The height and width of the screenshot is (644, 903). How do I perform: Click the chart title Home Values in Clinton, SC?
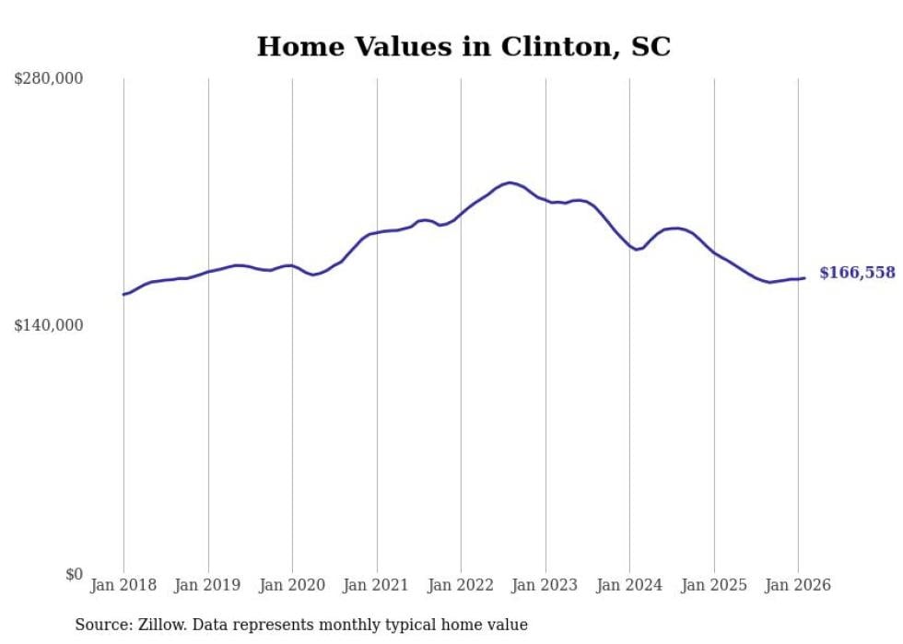click(463, 47)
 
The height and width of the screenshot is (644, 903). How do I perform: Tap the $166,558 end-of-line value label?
click(856, 273)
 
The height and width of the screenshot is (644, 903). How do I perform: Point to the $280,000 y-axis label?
click(48, 79)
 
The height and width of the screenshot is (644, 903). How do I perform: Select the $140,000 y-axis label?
click(48, 325)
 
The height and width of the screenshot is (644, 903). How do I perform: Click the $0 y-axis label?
click(74, 574)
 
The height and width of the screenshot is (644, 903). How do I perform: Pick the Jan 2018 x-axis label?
click(123, 585)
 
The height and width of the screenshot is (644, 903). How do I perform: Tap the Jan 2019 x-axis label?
click(208, 585)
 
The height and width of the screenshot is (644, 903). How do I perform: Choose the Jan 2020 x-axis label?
click(292, 585)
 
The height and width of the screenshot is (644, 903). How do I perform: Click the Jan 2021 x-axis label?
click(377, 585)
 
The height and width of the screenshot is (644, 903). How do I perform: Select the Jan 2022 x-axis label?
click(461, 585)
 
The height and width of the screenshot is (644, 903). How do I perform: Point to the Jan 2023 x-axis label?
click(545, 585)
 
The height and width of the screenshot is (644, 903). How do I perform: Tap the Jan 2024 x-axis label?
click(629, 585)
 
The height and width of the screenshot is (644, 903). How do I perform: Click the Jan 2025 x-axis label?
click(714, 585)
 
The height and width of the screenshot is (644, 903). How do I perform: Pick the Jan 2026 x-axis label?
click(798, 585)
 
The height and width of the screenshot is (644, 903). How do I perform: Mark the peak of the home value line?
click(510, 182)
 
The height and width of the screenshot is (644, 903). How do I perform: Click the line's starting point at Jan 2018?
click(123, 295)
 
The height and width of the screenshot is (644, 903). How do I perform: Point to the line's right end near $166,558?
click(804, 278)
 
